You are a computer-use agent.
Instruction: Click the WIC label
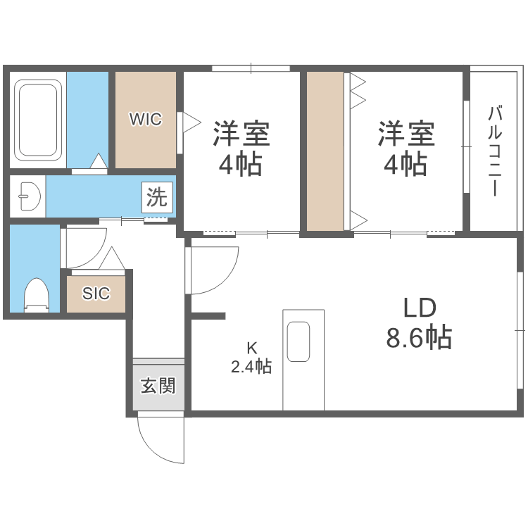coord(145,120)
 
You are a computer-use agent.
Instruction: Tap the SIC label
coord(96,294)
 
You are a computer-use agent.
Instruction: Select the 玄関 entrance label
coord(158,386)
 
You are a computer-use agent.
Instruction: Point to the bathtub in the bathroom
coord(39,120)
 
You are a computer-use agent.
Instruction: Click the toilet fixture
coord(36,294)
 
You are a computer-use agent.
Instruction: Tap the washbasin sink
coord(29,196)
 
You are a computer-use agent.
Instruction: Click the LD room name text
coord(420,308)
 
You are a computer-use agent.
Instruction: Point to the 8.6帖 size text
coord(419,339)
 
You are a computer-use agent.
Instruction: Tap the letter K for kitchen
coord(251,346)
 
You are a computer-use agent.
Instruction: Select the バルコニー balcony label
coord(494,151)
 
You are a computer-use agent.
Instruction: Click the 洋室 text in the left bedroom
coord(241,133)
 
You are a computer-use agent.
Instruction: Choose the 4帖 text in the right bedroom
coord(405,165)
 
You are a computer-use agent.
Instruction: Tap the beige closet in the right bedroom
coord(325,151)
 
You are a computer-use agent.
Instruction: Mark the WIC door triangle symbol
coord(188,121)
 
